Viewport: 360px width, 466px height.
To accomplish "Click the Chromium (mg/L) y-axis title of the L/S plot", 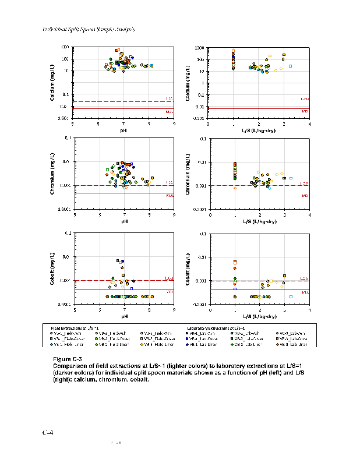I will (190, 174).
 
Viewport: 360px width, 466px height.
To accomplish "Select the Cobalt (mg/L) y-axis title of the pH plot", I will (52, 268).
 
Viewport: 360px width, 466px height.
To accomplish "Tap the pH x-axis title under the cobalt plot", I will (124, 316).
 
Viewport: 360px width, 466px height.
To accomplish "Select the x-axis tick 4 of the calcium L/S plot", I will (309, 123).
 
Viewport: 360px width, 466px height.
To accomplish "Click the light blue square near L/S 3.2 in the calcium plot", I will (290, 66).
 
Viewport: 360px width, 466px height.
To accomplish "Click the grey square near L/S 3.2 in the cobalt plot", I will (291, 296).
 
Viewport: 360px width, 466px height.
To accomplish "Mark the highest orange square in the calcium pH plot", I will (117, 50).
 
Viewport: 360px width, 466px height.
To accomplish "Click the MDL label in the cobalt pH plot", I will (170, 291).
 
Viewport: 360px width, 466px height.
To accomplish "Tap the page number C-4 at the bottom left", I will (47, 433).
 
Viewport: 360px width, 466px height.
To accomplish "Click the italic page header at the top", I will (89, 29).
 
